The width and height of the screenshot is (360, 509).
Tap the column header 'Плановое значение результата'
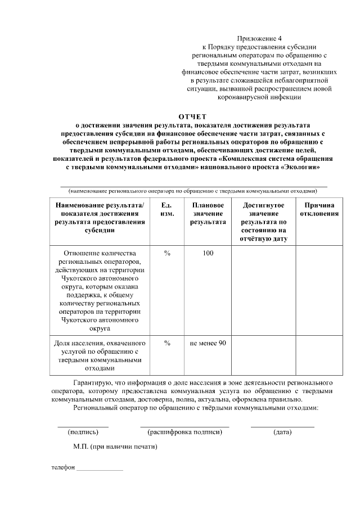[208, 214]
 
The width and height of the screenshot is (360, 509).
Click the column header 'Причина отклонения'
[319, 209]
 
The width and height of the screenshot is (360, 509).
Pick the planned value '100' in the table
[208, 253]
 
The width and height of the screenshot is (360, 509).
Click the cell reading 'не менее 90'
[208, 343]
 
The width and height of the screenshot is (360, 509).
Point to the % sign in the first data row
[167, 253]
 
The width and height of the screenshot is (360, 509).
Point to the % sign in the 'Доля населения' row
[167, 343]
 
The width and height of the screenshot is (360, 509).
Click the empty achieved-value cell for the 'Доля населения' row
[264, 355]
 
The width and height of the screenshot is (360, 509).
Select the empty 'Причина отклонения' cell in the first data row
[319, 289]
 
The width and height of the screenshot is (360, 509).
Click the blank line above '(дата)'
[282, 426]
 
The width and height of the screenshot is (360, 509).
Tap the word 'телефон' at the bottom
[63, 467]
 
